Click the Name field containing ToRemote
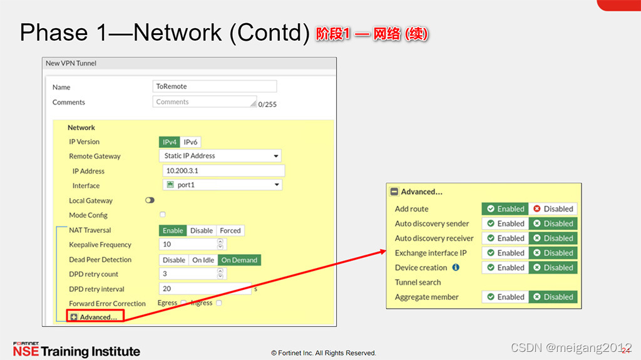point(214,86)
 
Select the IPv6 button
point(190,142)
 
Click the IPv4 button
point(170,142)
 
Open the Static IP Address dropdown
point(221,156)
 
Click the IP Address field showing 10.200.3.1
point(223,171)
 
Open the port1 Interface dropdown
point(222,185)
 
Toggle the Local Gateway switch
point(150,200)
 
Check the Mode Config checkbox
point(163,215)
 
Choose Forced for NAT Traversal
point(230,230)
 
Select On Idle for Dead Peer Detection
point(203,260)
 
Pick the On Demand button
point(239,260)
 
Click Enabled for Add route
point(505,209)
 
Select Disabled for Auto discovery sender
point(553,224)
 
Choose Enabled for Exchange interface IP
point(505,253)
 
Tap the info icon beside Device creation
point(456,267)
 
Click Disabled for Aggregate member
point(553,297)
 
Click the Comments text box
point(204,102)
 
